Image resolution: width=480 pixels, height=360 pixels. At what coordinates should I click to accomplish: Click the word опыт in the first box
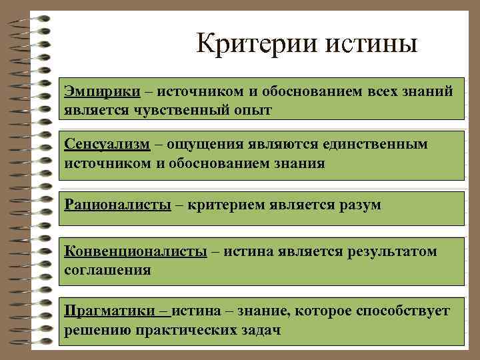click(x=251, y=109)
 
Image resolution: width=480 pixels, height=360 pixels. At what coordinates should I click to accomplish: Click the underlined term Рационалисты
click(x=117, y=204)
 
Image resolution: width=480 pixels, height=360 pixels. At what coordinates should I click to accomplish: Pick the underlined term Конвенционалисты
click(x=135, y=251)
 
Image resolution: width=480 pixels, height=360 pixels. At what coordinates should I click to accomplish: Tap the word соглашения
click(x=107, y=271)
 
